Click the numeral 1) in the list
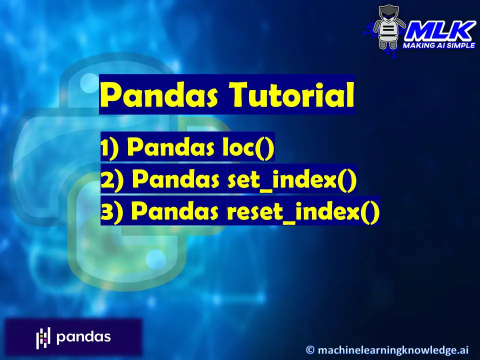point(109,148)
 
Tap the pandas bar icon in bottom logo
point(43,338)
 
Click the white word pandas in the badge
point(83,337)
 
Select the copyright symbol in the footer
point(310,349)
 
